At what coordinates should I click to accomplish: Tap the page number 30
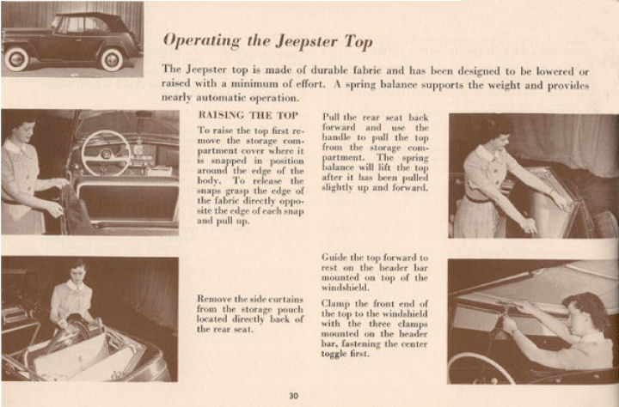(294, 396)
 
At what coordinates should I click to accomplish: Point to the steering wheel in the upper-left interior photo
(104, 151)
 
